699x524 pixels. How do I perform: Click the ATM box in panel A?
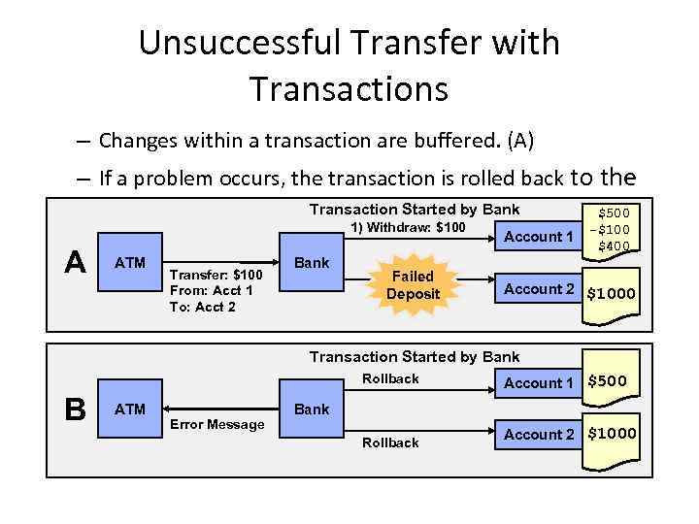130,263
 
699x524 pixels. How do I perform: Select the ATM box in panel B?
130,409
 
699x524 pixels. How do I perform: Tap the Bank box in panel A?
311,263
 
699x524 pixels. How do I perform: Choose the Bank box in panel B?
311,409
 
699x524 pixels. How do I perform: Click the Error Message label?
216,424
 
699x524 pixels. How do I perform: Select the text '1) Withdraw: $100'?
408,228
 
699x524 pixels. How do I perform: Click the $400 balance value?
614,246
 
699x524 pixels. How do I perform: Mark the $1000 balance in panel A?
611,293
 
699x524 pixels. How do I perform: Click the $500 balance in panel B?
607,381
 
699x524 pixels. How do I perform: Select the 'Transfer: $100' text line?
215,275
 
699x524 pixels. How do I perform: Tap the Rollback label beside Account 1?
390,378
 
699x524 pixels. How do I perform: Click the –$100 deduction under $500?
612,230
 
